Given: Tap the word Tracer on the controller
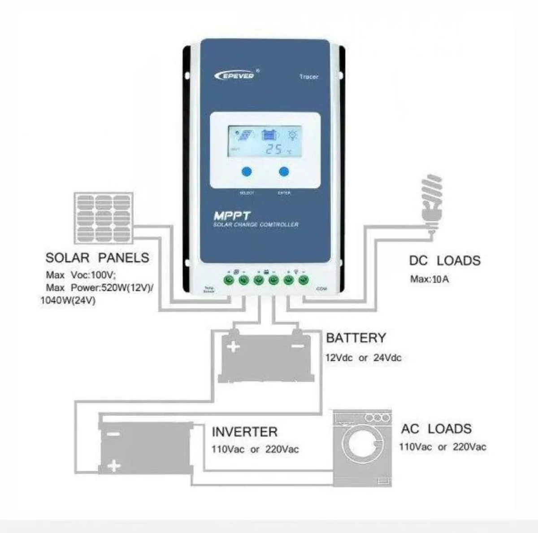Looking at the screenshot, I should tap(309, 77).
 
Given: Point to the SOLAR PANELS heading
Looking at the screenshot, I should tap(97, 258).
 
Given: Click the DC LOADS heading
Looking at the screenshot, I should tap(444, 261).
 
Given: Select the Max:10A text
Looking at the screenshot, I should tap(430, 279).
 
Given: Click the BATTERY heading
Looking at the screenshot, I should tap(356, 338).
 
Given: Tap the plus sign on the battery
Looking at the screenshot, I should tap(234, 347).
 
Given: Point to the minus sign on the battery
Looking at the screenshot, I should tap(297, 347).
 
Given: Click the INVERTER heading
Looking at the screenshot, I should tap(245, 432).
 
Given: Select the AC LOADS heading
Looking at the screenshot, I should tap(436, 429).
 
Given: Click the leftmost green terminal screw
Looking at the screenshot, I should tap(229, 281).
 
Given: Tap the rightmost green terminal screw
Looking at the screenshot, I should tap(304, 281).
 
